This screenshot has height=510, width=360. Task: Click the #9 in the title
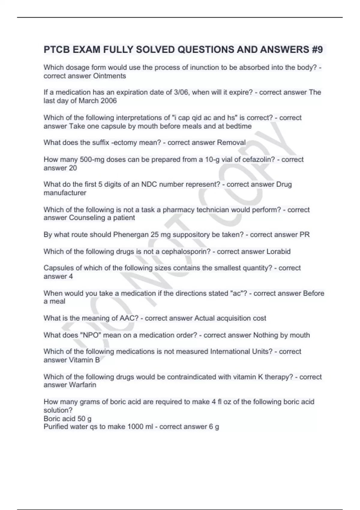click(317, 49)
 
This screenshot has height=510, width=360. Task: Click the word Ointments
click(109, 76)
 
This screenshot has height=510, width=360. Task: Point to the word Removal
click(231, 142)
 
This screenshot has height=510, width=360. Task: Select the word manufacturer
click(65, 193)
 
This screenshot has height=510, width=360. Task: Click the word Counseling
click(87, 218)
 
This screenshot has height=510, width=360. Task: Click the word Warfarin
click(83, 385)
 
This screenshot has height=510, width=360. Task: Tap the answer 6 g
click(214, 427)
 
